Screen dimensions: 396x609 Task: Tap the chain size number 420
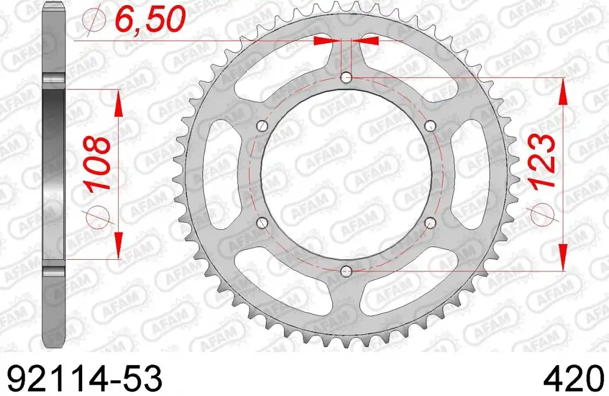coord(572,378)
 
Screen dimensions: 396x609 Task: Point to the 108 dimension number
coord(97,163)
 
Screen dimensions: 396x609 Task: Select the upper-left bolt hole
coord(262,126)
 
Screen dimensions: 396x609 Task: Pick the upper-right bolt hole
coord(431,125)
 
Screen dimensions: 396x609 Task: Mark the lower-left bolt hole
coord(262,222)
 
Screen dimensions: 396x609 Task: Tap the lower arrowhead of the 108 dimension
coord(118,246)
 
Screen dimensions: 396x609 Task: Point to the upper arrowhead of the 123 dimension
coord(563,91)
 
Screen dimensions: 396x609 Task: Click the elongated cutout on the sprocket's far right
coord(472,174)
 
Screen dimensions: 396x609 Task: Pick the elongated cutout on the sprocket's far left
coord(220,174)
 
